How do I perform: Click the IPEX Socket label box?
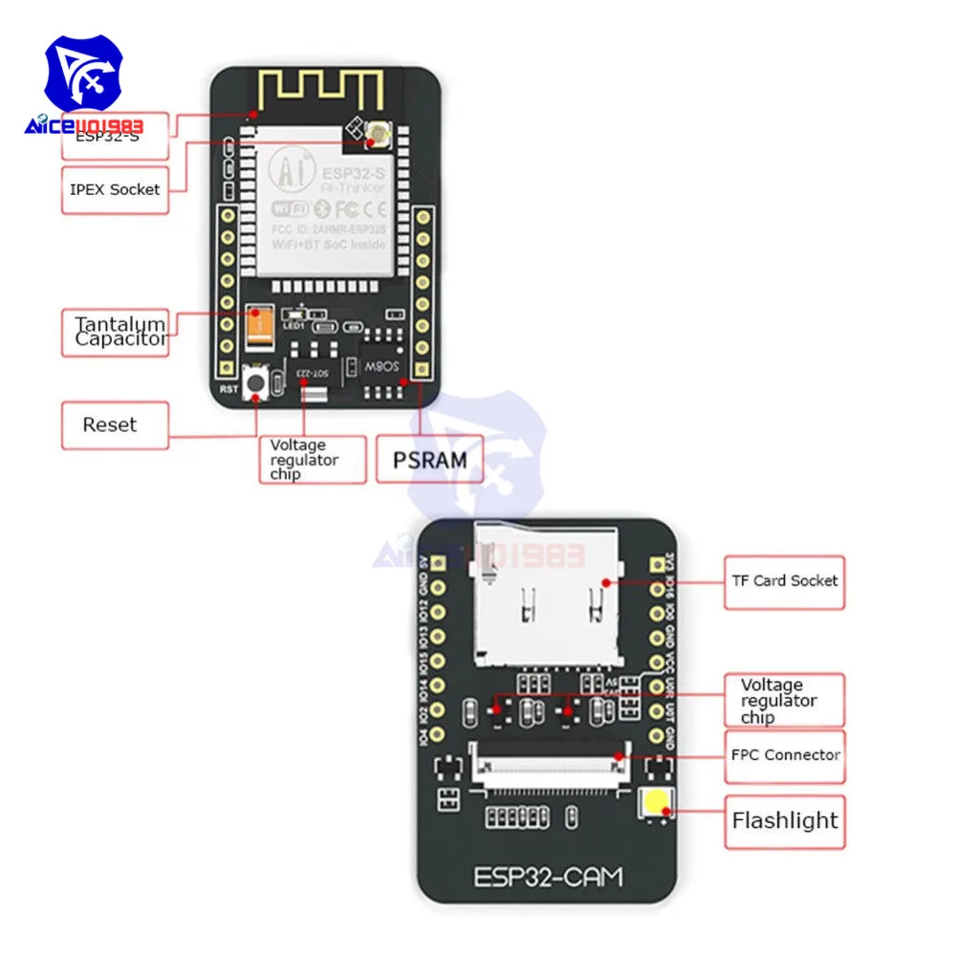click(115, 189)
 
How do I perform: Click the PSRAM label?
click(430, 460)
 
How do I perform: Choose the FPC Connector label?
click(784, 755)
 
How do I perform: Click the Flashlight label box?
click(784, 820)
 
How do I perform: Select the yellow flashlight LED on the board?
click(656, 808)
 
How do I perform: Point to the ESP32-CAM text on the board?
click(548, 875)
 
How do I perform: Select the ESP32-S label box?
click(115, 135)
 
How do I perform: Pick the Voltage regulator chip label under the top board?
click(312, 460)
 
